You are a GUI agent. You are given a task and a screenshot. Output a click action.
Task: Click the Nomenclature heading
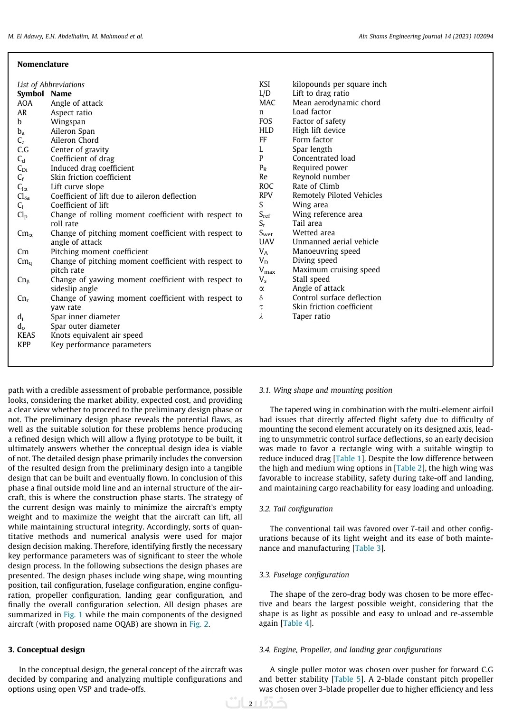click(43, 65)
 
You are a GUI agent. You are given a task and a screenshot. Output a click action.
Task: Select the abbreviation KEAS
click(26, 335)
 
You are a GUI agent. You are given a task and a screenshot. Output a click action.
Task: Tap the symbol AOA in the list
click(25, 103)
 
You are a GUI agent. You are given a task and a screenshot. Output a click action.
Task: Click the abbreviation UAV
click(266, 242)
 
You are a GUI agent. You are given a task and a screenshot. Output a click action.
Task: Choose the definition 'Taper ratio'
click(311, 316)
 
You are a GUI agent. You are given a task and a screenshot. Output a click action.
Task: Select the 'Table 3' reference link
click(368, 548)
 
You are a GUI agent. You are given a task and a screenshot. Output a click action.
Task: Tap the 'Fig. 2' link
click(199, 624)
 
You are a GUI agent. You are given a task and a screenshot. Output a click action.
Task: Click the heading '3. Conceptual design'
click(47, 650)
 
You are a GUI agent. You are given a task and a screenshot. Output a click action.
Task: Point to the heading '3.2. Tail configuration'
click(296, 509)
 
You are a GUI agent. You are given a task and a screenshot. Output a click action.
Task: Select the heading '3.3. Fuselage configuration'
click(304, 575)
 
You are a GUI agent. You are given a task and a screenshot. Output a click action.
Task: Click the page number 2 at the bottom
click(251, 704)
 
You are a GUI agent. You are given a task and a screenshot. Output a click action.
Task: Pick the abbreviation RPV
click(266, 195)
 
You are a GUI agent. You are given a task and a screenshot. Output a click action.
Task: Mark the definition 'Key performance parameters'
click(101, 345)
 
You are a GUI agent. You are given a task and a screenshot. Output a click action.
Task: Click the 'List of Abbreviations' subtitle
click(51, 85)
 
